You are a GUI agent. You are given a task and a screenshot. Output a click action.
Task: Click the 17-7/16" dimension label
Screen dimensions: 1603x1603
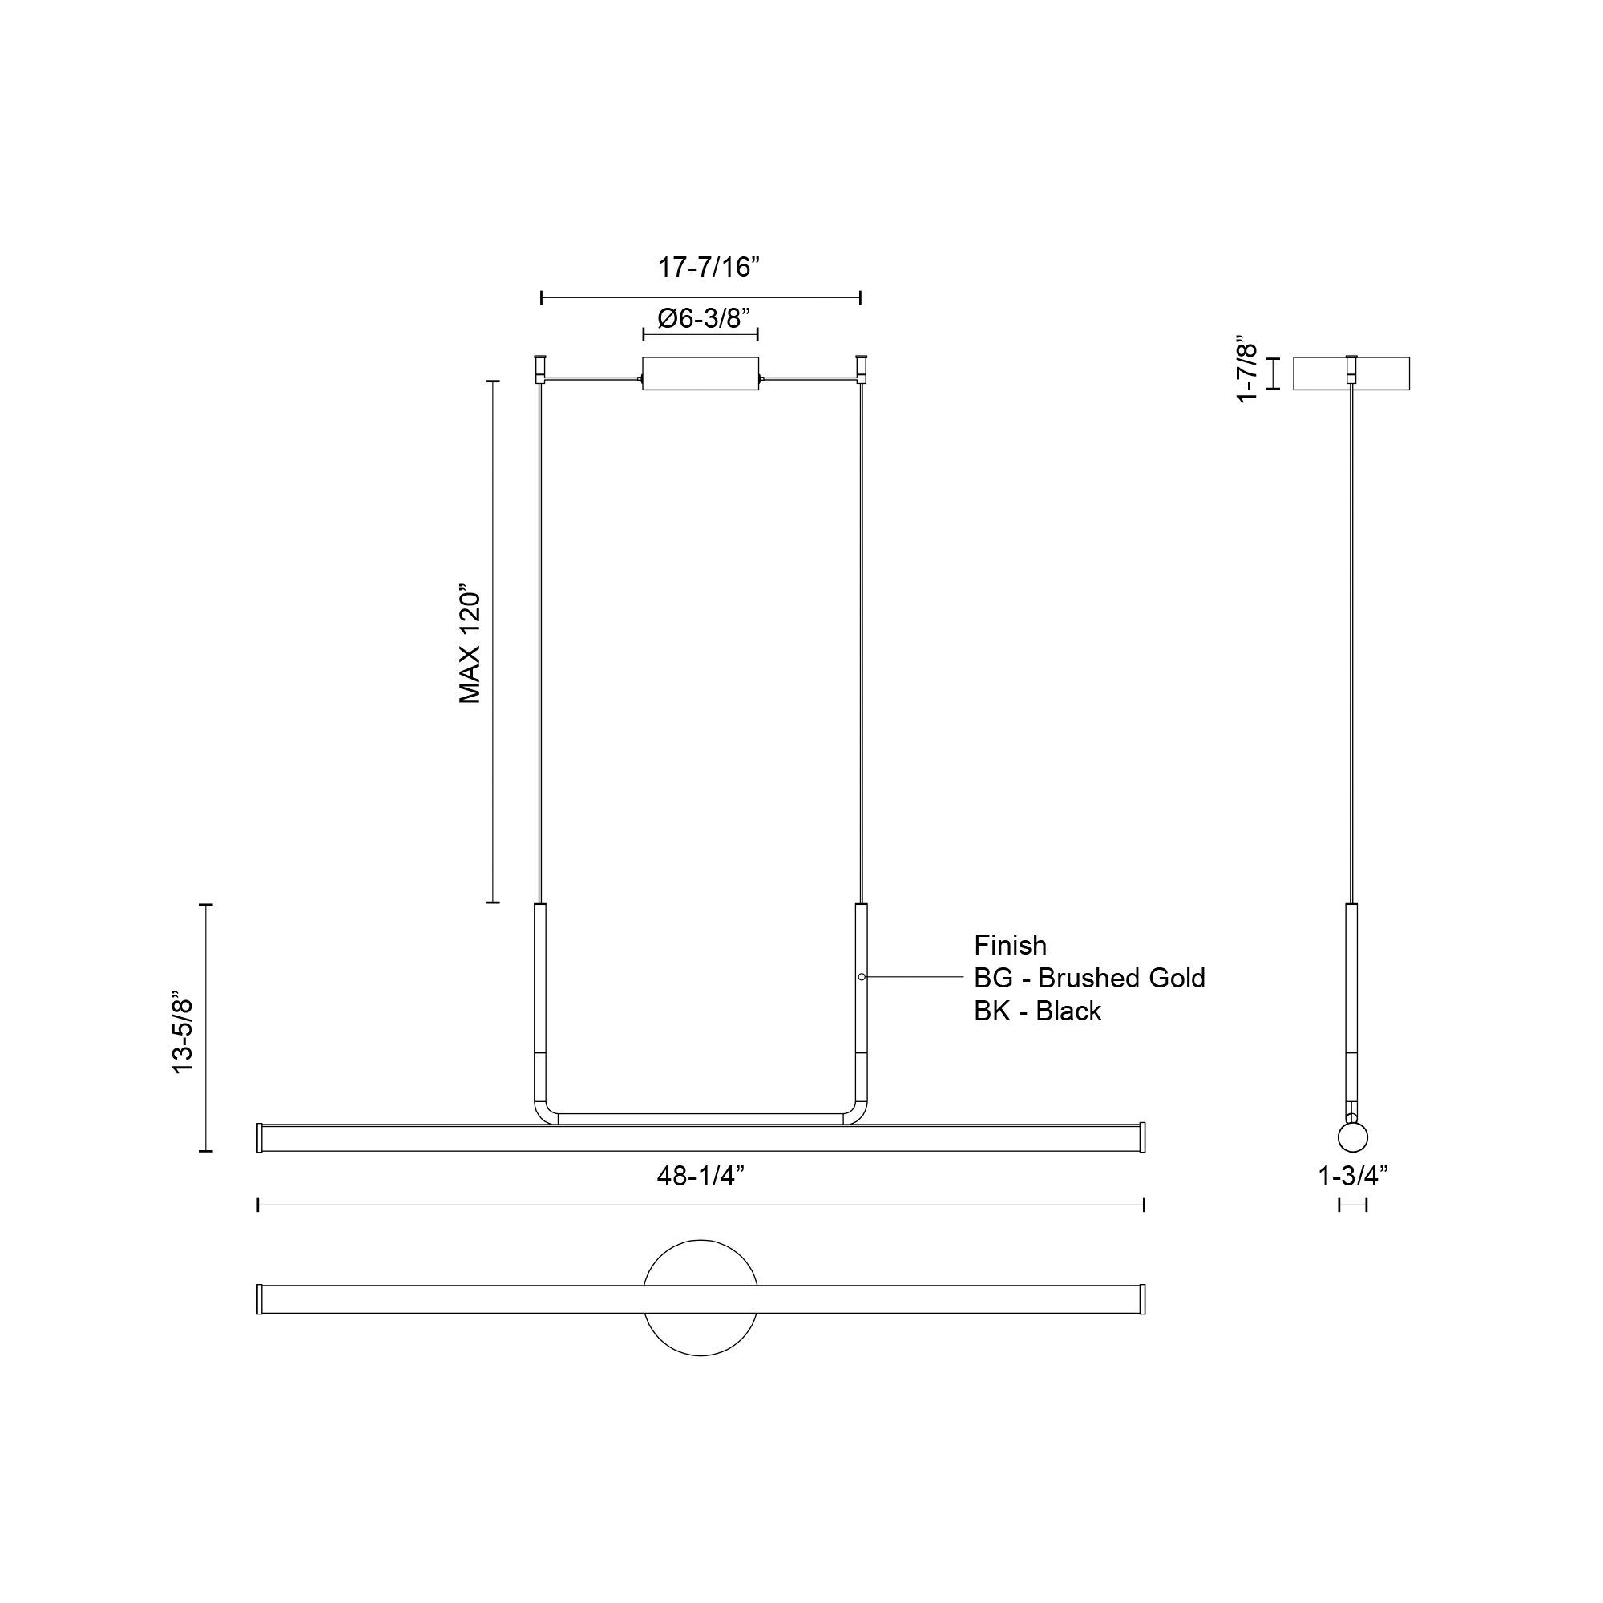(x=709, y=267)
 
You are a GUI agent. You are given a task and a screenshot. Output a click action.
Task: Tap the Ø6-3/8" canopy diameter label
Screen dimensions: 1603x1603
(x=704, y=317)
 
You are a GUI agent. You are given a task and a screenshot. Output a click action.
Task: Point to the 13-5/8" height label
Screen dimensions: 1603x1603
(x=183, y=1032)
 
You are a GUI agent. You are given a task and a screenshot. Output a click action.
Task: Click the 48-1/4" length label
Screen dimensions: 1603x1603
(x=701, y=1176)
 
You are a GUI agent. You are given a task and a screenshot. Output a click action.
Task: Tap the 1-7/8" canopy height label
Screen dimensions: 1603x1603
(x=1247, y=369)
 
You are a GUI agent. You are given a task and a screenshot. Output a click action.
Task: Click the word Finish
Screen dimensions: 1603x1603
(x=1010, y=945)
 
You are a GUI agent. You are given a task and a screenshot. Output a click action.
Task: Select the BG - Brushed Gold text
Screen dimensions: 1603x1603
(x=1088, y=978)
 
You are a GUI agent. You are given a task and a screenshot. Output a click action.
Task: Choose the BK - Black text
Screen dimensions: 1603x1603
(x=1037, y=1011)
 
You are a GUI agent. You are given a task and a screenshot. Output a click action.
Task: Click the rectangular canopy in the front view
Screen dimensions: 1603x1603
(x=701, y=373)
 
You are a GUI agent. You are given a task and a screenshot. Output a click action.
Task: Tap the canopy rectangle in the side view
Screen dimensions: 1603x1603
(x=1351, y=373)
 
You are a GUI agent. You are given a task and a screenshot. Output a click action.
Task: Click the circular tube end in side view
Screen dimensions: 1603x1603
(x=1352, y=1137)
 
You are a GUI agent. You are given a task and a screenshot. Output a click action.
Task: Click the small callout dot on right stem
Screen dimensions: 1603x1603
(x=862, y=977)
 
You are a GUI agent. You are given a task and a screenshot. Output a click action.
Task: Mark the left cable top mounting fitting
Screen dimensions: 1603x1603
(x=540, y=366)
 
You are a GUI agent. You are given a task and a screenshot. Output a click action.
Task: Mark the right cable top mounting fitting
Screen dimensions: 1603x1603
(x=860, y=366)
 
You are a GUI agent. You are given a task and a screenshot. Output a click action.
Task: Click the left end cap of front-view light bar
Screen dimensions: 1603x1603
(x=260, y=1137)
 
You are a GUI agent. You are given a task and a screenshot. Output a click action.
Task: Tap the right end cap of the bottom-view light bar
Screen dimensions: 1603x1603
(x=1141, y=1299)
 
